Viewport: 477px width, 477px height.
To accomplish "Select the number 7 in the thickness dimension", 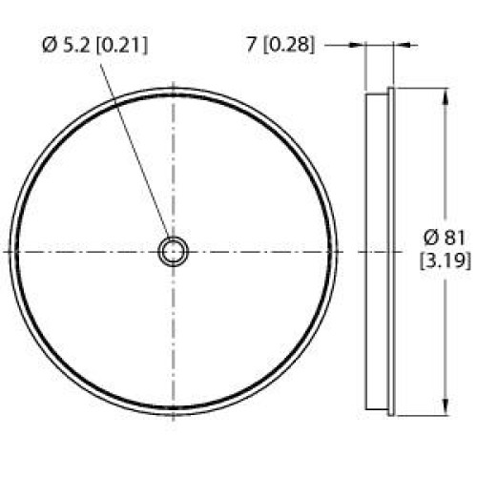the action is coord(251,46).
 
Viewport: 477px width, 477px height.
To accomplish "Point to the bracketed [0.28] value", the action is coord(288,46).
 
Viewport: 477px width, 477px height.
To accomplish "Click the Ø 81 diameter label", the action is coord(445,238).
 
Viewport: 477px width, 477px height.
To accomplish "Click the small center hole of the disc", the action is coord(173,252).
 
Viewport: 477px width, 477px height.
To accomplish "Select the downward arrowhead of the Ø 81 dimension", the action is coord(446,408).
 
